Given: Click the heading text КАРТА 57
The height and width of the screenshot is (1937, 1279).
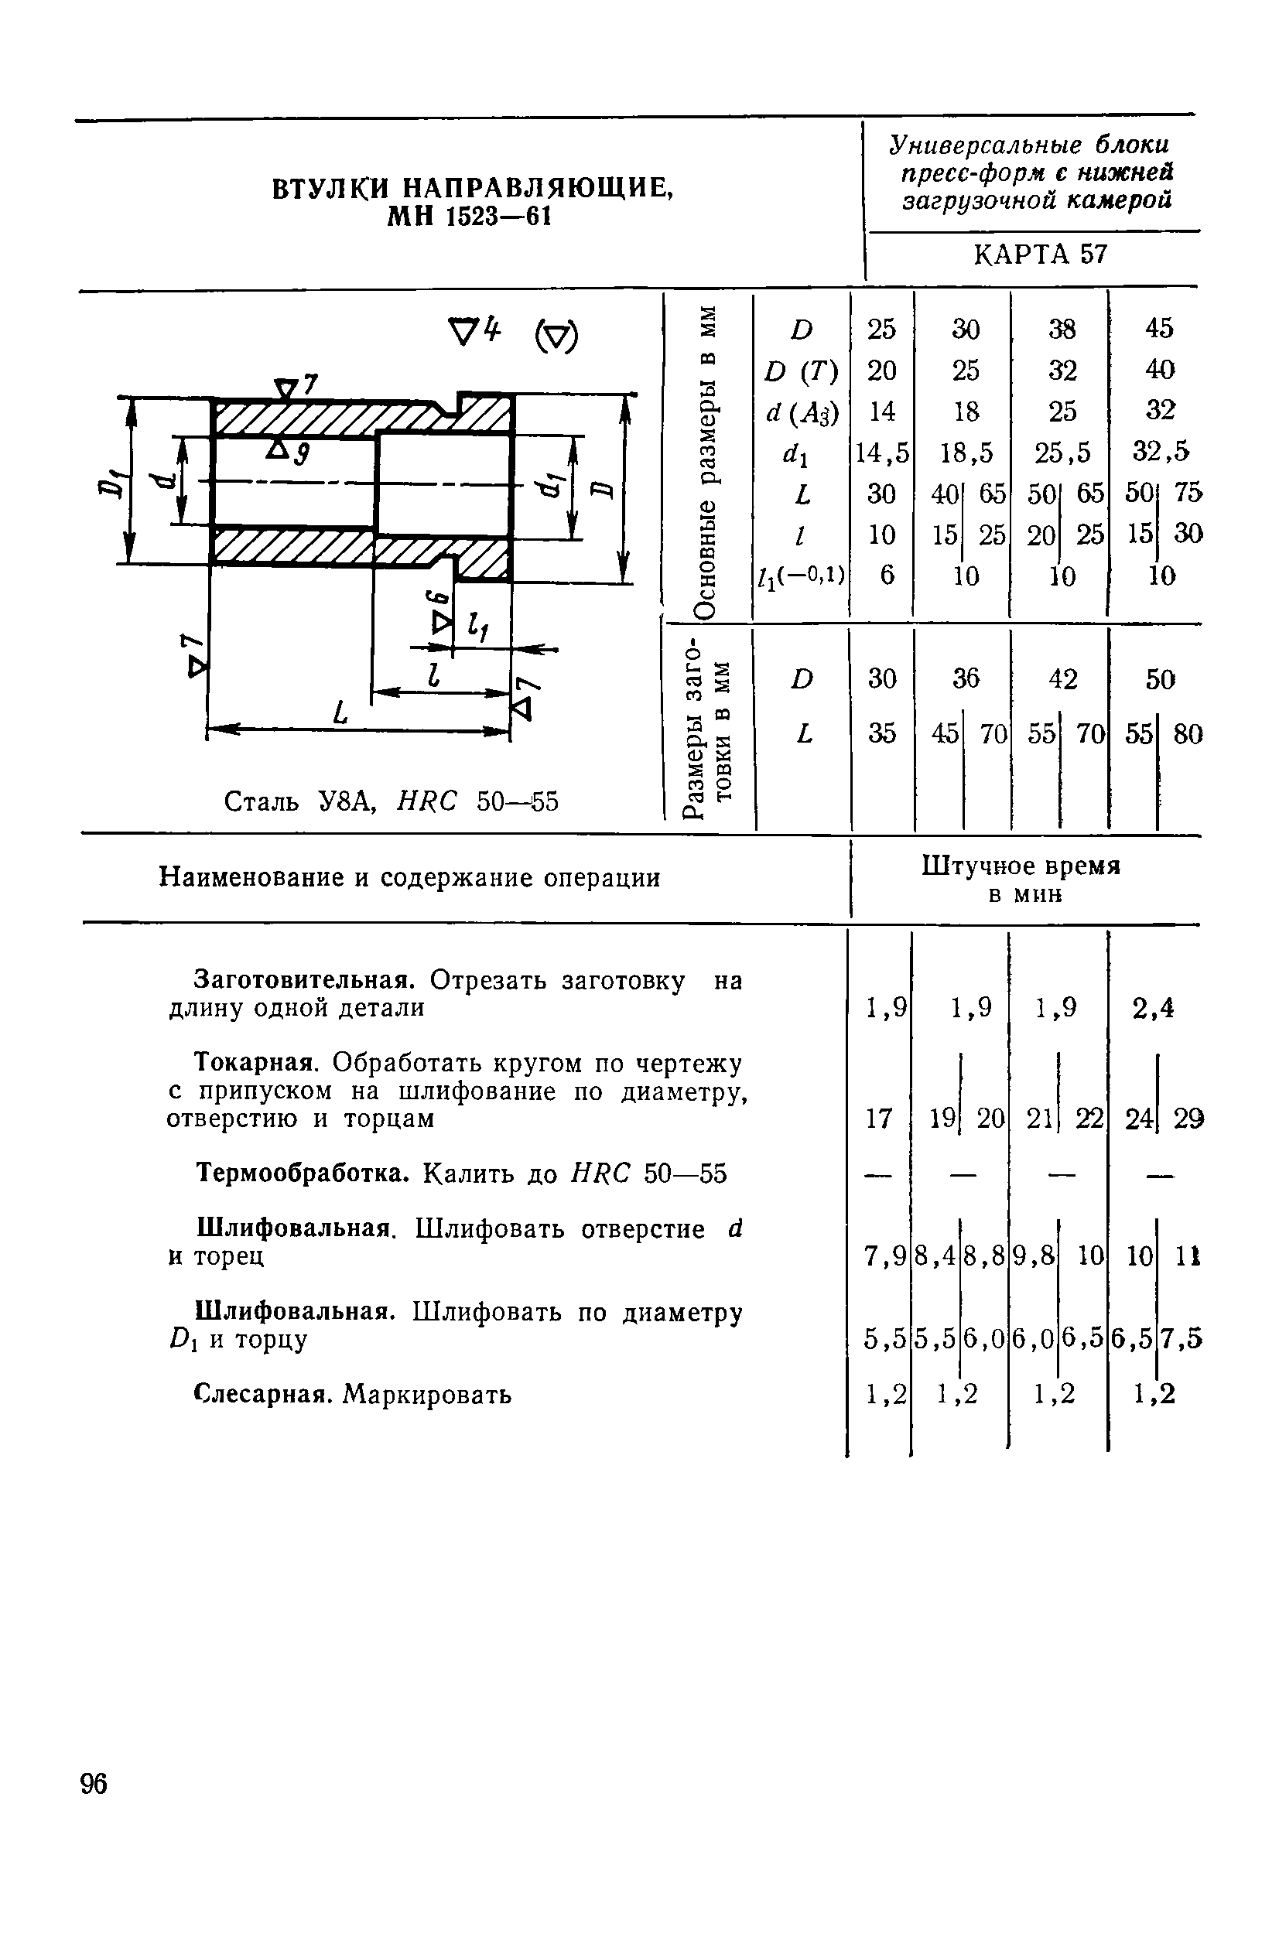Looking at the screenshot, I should [1040, 255].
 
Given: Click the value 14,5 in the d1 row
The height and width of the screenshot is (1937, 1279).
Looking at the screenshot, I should [882, 453].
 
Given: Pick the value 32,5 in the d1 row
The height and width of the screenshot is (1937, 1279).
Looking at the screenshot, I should [1161, 451].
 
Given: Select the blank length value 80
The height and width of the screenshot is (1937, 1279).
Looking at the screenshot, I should [1188, 735].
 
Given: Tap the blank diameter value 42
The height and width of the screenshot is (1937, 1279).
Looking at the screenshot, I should [1063, 678].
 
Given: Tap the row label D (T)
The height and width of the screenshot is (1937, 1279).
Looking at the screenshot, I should [802, 372].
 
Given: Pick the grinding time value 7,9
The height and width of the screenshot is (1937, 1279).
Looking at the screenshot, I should [884, 1258].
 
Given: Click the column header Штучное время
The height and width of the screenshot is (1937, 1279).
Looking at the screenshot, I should [1021, 866].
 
